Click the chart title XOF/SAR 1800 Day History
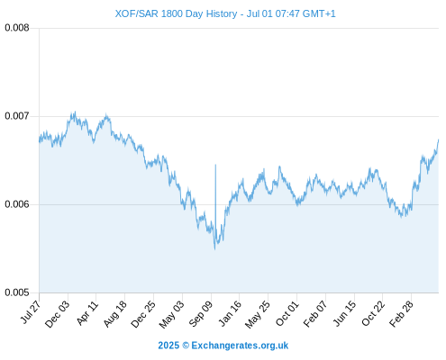point(176,13)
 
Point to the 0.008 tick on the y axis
point(17,28)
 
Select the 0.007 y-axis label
point(17,116)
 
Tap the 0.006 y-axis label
point(17,204)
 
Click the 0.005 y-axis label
point(17,292)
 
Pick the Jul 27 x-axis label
point(31,312)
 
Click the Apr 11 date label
point(87,313)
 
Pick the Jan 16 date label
point(230,313)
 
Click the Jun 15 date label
point(345,313)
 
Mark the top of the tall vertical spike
point(215,165)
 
